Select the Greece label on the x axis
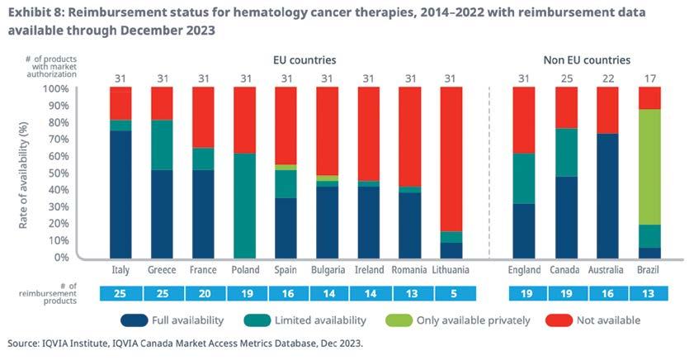(x=162, y=270)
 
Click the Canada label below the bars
(x=565, y=270)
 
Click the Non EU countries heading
(x=587, y=60)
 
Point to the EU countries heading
(x=305, y=60)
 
